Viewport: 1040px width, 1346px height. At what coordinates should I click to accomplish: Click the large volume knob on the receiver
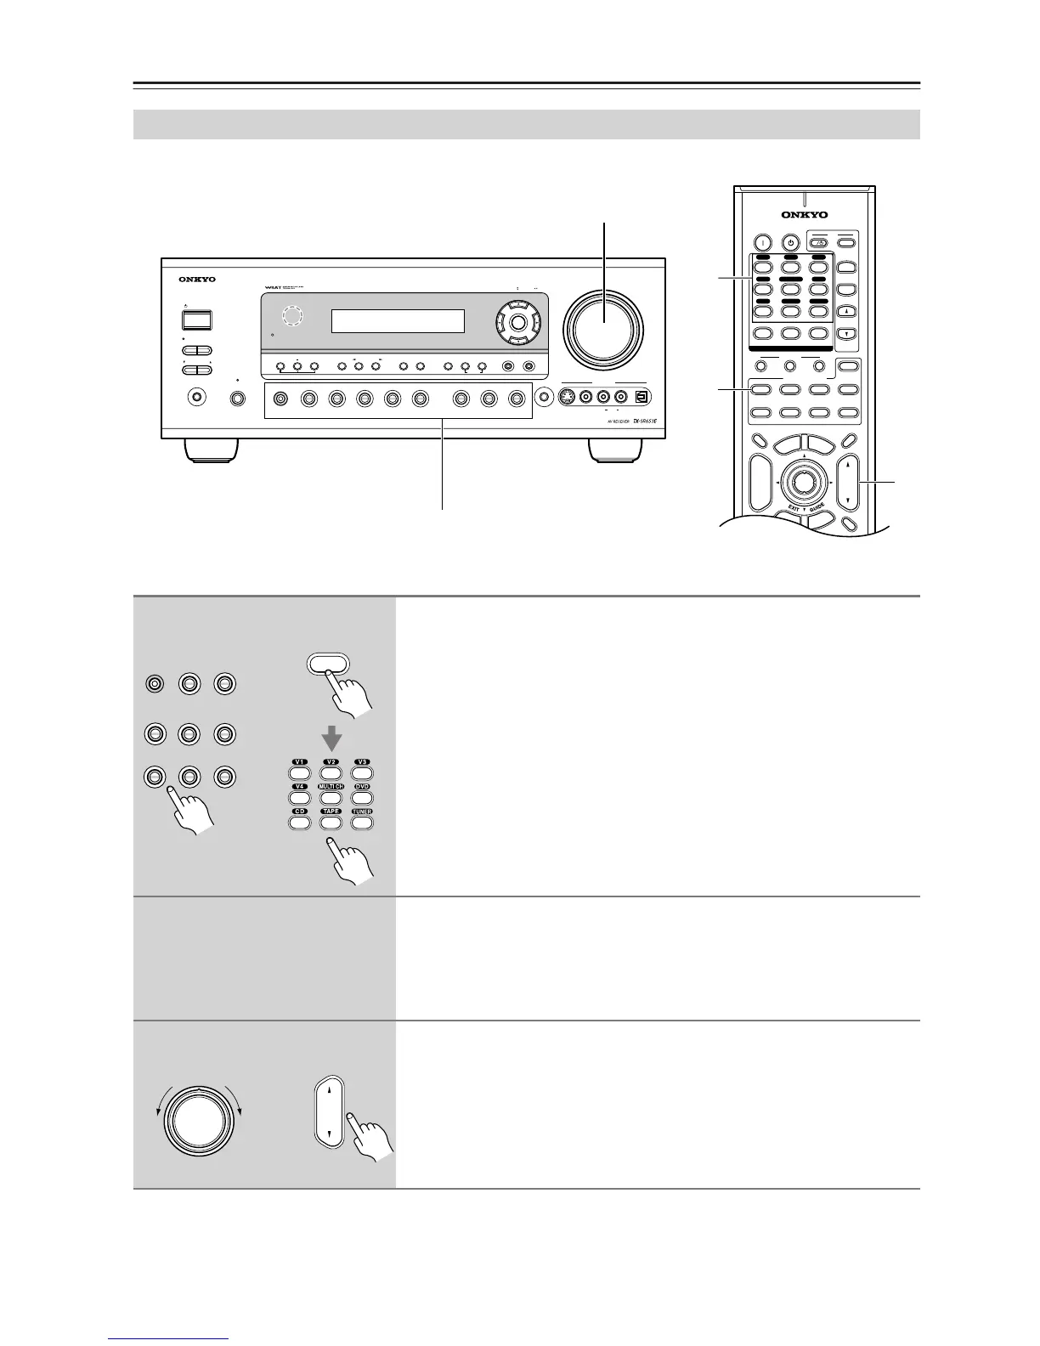[x=604, y=327]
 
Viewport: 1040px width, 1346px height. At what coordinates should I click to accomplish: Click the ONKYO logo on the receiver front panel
[x=197, y=280]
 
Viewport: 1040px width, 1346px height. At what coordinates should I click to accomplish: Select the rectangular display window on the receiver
[x=398, y=321]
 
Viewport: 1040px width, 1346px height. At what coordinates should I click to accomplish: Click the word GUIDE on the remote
[x=817, y=509]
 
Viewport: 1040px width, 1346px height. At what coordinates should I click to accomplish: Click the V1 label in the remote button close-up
[x=299, y=762]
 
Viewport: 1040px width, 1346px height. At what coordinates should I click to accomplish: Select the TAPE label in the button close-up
[x=331, y=812]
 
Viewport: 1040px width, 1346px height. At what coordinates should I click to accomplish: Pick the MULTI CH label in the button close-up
[x=331, y=787]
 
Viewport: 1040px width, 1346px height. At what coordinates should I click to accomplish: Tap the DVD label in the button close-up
[x=362, y=787]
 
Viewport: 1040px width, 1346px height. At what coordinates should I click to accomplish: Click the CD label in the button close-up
[x=299, y=812]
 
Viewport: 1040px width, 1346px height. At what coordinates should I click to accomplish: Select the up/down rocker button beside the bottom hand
[x=329, y=1111]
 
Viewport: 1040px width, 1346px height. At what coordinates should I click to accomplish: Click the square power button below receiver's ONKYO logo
[x=196, y=320]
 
